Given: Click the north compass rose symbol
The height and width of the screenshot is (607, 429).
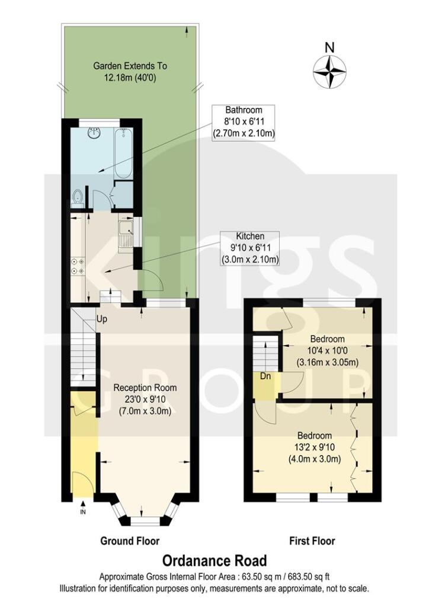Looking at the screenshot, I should point(330,70).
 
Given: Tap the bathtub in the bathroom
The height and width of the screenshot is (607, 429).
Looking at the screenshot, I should point(123,154).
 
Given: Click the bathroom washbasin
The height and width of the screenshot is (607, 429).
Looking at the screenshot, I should point(92,133).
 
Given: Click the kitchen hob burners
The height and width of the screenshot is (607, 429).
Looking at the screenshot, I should point(77,266).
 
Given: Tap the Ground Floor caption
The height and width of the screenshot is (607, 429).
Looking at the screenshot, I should point(130,541).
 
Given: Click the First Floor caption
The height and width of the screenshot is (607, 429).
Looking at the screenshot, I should point(312,541).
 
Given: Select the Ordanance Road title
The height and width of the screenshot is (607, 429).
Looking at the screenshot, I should point(214,560).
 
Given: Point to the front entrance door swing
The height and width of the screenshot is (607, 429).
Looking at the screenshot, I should point(79,483).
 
